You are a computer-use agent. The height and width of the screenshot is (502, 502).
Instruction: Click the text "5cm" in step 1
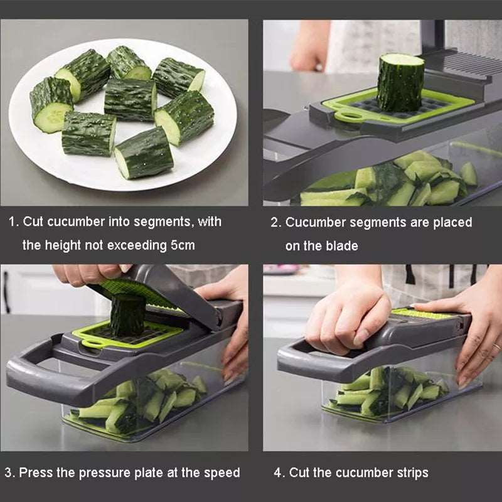(x=183, y=245)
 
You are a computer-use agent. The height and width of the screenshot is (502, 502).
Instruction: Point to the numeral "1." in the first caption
(x=13, y=222)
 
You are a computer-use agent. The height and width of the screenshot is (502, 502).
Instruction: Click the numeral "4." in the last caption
(x=279, y=473)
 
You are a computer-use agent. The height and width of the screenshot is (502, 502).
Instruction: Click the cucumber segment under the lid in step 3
(x=127, y=315)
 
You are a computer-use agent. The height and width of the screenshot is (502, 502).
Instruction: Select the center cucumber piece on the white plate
(x=130, y=99)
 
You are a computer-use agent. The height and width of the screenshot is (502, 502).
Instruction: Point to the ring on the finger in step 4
(x=496, y=346)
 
